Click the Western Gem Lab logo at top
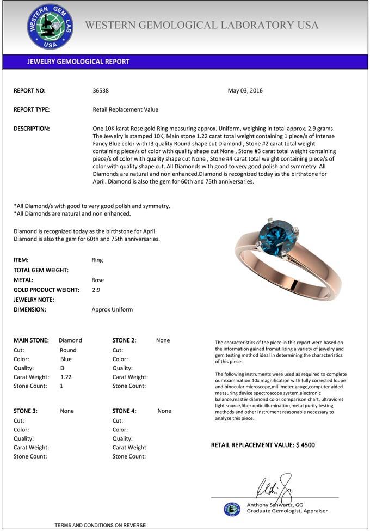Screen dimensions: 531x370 coord(50,26)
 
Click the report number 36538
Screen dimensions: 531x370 coord(101,91)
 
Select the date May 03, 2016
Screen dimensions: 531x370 coord(245,91)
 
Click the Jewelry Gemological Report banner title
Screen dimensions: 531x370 coord(78,62)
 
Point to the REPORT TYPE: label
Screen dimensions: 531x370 coord(32,109)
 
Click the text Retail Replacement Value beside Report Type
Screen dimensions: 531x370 coord(126,109)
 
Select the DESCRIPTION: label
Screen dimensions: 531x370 coord(32,129)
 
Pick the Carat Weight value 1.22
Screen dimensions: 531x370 coord(66,377)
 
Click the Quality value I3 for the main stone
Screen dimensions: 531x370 coord(61,368)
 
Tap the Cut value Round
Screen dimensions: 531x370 coord(68,350)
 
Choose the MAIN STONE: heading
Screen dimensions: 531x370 coord(31,340)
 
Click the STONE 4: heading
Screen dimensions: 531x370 coord(125,411)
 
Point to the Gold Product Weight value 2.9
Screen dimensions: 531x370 coord(96,290)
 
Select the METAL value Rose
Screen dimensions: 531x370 coord(97,280)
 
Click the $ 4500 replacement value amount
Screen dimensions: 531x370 coord(305,445)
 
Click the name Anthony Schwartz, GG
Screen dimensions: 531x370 coord(275,505)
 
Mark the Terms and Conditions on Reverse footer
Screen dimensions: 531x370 coord(100,525)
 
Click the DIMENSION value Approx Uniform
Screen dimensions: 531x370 coord(112,309)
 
